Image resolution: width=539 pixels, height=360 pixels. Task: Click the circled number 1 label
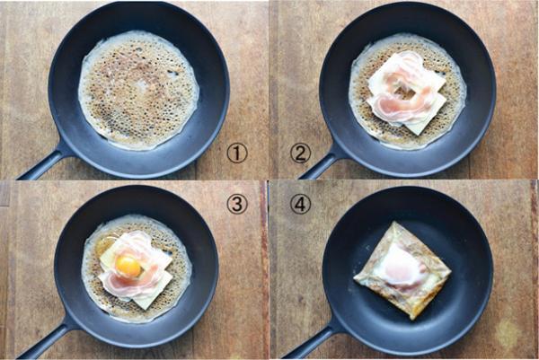coord(237,153)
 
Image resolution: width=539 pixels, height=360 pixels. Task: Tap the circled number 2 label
coord(300,154)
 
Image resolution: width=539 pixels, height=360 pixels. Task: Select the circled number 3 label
coord(237,204)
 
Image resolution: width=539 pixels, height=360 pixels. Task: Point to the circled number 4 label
coord(300,204)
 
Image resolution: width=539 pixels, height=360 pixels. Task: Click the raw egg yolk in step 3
coord(128,267)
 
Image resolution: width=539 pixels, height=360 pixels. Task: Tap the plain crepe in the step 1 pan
coord(138,90)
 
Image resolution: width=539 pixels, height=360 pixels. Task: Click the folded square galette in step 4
coord(402,270)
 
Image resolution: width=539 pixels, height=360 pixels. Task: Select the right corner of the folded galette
coord(450,271)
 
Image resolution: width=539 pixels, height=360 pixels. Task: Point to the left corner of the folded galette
coord(355,277)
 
